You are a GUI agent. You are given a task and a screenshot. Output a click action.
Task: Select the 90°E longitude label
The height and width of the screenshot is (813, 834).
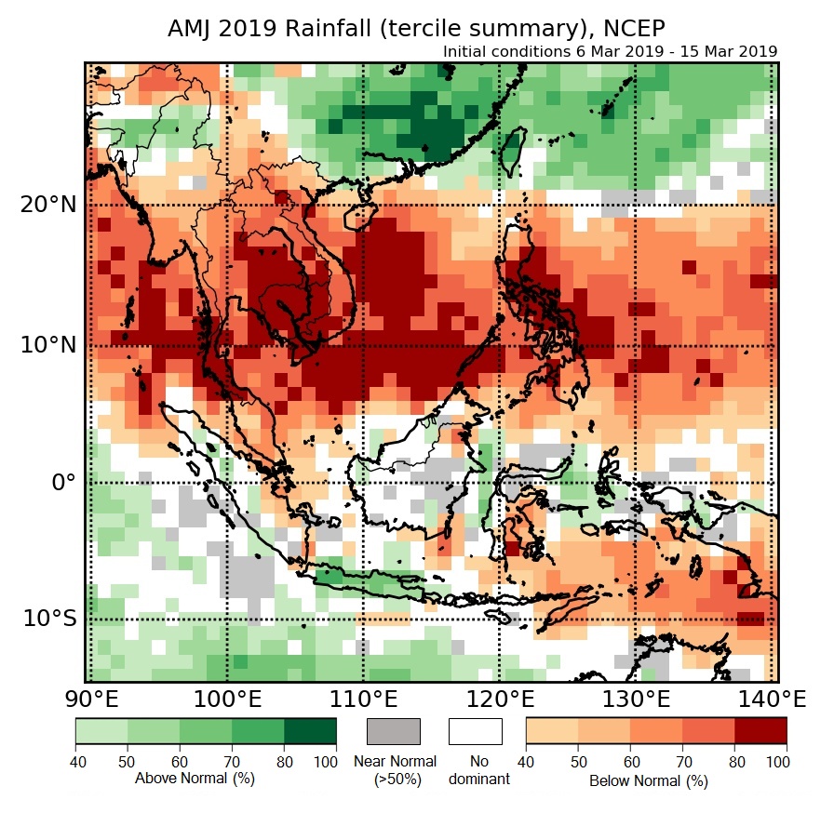[x=90, y=699]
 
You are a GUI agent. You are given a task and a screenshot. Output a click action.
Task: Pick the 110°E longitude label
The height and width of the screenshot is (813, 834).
[x=364, y=699]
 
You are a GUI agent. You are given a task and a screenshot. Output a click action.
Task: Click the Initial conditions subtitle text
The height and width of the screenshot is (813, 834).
[x=610, y=51]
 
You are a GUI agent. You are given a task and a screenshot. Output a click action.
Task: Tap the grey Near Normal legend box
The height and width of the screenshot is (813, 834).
[x=394, y=731]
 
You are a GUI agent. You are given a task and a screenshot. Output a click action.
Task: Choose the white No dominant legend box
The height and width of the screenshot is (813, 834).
[x=475, y=731]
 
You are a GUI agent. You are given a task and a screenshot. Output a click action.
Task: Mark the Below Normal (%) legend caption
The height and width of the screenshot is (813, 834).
[x=649, y=781]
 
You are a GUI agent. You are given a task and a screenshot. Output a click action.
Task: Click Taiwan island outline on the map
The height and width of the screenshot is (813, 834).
[x=510, y=152]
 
